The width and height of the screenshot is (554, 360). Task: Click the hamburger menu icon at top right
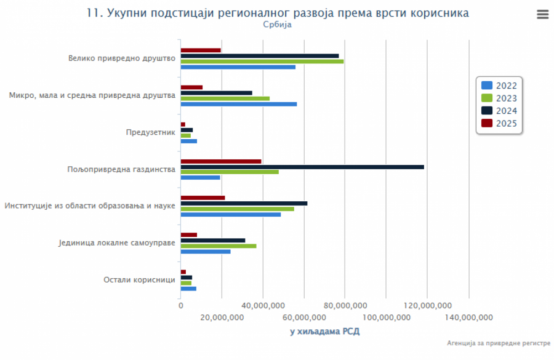[x=542, y=15]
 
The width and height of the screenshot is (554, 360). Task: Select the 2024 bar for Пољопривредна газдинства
[x=302, y=167]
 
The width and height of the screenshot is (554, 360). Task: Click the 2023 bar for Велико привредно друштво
[x=262, y=62]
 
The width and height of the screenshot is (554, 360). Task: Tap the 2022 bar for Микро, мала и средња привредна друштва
[x=238, y=104]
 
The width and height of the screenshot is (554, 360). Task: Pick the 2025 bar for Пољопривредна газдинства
[x=220, y=161]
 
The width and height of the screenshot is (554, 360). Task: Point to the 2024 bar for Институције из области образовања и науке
[x=244, y=203]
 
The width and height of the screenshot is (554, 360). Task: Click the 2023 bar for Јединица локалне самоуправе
[x=218, y=246]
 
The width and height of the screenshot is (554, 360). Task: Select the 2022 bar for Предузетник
[x=188, y=141]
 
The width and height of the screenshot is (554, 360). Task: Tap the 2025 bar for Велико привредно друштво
[x=200, y=50]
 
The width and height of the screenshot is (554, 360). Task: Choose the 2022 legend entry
[x=499, y=86]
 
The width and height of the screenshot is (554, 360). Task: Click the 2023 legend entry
[x=499, y=98]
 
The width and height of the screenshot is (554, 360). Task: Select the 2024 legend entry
[x=499, y=111]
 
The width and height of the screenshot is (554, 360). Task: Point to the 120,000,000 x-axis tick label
[x=427, y=306]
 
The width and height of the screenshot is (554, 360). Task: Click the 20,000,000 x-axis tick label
[x=222, y=317]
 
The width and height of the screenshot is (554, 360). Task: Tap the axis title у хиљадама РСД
[x=324, y=332]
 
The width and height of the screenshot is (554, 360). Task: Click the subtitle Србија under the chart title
[x=277, y=25]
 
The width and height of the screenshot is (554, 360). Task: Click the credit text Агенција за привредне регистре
[x=499, y=343]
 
